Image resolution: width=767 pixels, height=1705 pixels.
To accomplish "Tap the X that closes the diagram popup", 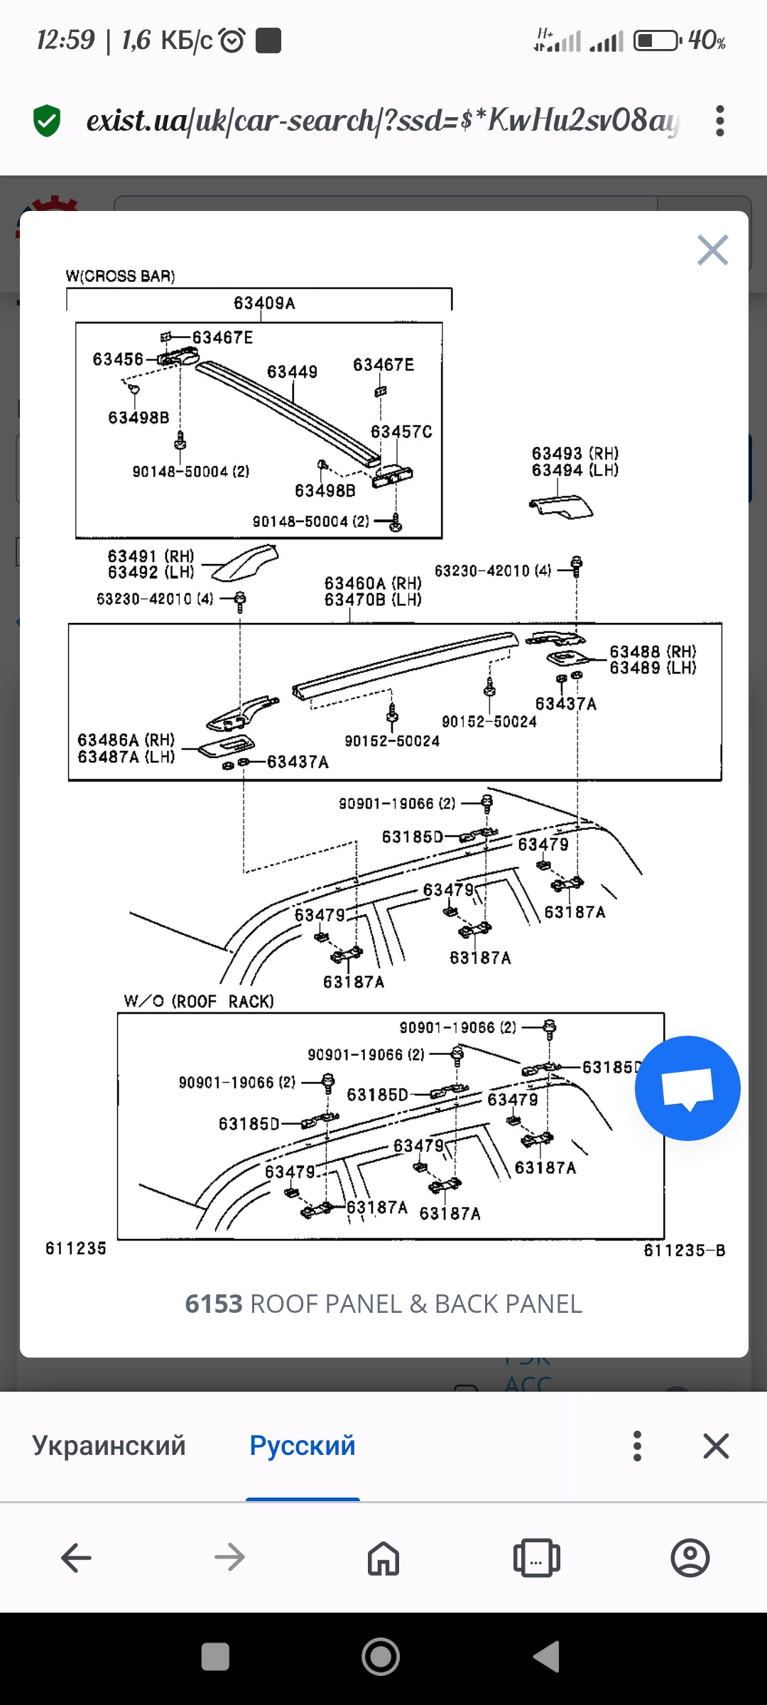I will (712, 250).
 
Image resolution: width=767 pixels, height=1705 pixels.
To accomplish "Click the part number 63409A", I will (264, 303).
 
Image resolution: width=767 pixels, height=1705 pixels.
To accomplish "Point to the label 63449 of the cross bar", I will (292, 372).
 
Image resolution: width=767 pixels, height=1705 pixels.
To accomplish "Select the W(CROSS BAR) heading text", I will (120, 276).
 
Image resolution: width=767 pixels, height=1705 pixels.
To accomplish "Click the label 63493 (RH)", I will (575, 453).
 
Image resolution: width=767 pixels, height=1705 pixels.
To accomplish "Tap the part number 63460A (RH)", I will (373, 583).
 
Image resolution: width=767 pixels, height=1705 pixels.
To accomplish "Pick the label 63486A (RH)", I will (126, 740).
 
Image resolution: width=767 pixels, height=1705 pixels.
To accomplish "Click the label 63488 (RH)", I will (653, 651).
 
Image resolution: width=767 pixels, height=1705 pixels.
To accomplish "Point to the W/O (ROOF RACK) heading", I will (199, 1001).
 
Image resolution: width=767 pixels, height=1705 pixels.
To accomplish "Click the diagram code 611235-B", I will (684, 1250).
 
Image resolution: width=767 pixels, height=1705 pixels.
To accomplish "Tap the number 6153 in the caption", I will (214, 1304).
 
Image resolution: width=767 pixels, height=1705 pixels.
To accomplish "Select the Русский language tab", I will (303, 1446).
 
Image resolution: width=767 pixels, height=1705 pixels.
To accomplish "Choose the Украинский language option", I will (109, 1446).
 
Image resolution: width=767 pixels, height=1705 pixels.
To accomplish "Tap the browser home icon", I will (383, 1558).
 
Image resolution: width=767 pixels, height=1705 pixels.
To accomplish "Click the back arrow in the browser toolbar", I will (77, 1558).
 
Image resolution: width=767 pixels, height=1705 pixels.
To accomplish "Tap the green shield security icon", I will (47, 121).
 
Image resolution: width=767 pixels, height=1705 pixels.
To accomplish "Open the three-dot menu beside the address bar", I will (720, 121).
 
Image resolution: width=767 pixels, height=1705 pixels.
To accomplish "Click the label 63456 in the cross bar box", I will (118, 359).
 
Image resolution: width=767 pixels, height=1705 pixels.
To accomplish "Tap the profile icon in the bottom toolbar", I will (690, 1558).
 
